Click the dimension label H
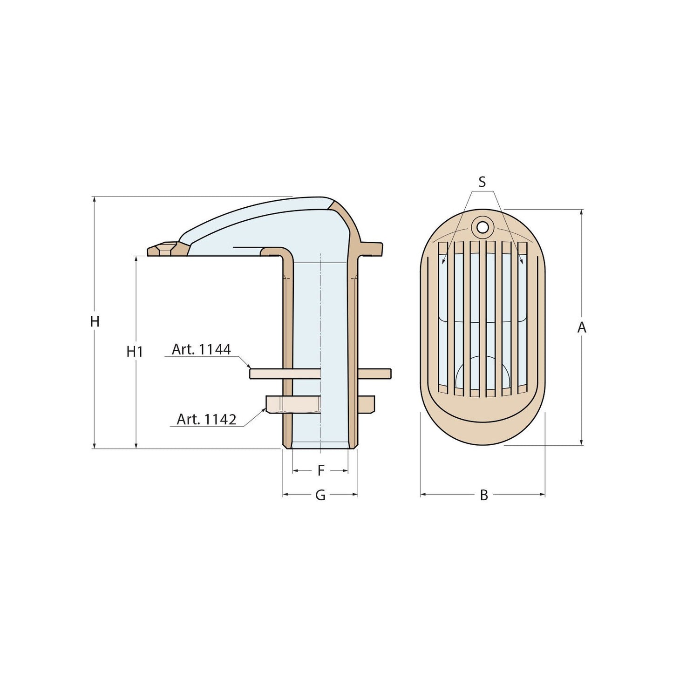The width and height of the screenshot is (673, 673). click(x=95, y=321)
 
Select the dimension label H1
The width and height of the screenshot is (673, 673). click(x=135, y=352)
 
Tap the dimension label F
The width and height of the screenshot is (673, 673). click(x=320, y=471)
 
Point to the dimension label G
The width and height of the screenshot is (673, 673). click(x=320, y=495)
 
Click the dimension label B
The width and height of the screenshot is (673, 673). click(x=484, y=495)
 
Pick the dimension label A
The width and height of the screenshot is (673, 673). click(x=581, y=328)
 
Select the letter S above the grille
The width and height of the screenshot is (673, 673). click(x=482, y=182)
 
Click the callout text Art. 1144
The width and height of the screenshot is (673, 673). click(x=201, y=349)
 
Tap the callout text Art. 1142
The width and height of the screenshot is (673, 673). click(x=206, y=419)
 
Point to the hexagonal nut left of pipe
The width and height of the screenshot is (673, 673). click(x=292, y=404)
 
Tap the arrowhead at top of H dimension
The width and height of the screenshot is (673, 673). click(x=95, y=200)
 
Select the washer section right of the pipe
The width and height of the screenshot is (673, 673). click(x=374, y=374)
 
